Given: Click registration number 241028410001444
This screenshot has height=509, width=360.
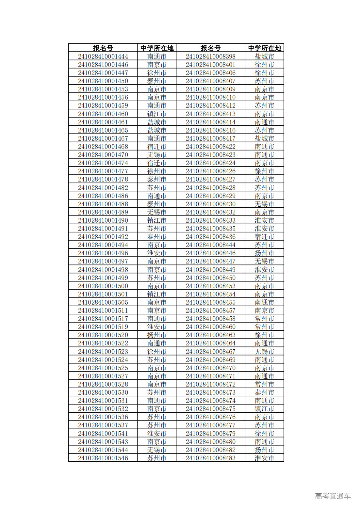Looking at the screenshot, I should (x=103, y=56).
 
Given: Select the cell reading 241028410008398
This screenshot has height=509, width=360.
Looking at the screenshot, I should (x=210, y=56).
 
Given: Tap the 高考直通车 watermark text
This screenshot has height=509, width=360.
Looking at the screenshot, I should (x=333, y=496).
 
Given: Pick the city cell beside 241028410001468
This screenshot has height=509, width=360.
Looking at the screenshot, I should (x=156, y=147).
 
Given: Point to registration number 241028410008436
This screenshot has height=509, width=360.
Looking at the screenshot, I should (x=210, y=237).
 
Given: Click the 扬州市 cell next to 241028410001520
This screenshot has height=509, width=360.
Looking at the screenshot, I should (x=156, y=335).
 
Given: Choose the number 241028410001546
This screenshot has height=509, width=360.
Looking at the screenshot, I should (x=103, y=458).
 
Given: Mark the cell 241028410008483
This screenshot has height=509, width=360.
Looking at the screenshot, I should (x=210, y=458).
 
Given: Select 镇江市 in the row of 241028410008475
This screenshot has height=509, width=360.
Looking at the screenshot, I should (x=264, y=409).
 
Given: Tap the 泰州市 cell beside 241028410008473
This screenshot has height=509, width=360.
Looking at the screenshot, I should (x=264, y=392).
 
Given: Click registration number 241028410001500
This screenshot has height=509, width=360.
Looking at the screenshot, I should (x=103, y=286).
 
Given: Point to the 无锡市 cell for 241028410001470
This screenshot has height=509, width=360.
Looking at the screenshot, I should (x=156, y=155).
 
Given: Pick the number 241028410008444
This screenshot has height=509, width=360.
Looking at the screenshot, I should (x=210, y=245).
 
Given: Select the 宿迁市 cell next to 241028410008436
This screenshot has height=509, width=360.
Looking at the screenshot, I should (x=264, y=237).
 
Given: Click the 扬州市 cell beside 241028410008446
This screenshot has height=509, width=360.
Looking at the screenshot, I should (x=264, y=253).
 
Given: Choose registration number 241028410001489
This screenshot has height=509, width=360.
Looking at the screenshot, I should (x=103, y=212).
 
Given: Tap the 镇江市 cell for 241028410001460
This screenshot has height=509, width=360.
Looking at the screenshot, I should (x=156, y=114).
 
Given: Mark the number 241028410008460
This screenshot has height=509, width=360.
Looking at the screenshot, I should (x=210, y=327).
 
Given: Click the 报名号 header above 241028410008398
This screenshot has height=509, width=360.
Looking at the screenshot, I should (x=210, y=48).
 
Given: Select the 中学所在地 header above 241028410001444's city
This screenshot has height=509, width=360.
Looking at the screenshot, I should (x=156, y=48).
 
